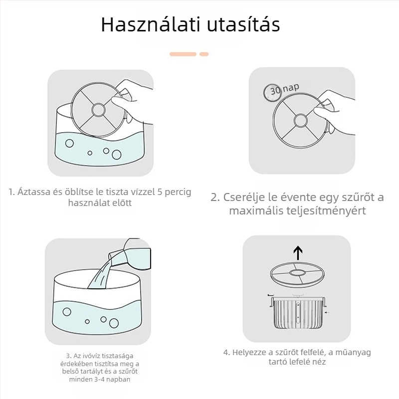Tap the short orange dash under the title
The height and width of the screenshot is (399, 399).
click(203, 53)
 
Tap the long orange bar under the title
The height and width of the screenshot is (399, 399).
click(183, 53)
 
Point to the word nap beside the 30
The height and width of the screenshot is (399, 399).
click(290, 88)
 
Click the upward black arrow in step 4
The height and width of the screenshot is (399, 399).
click(298, 253)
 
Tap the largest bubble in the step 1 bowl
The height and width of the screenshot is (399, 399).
click(69, 144)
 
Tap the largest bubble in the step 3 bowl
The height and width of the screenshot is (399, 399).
click(67, 313)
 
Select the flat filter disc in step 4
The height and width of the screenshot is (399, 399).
click(297, 273)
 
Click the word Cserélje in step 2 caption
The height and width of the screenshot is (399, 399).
click(244, 197)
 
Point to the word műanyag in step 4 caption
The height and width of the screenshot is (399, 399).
click(353, 352)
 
